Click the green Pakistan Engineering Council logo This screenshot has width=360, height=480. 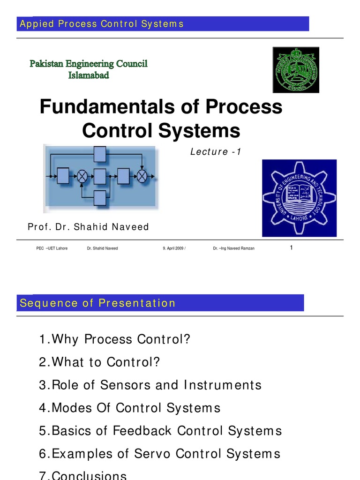(x=295, y=70)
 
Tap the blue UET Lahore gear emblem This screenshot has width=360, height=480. (x=299, y=198)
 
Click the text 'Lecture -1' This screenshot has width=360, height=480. (x=215, y=151)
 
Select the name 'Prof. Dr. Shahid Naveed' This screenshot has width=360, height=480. (x=88, y=227)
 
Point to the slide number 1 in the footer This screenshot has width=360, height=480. (x=291, y=248)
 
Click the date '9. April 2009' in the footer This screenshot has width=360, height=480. (x=174, y=248)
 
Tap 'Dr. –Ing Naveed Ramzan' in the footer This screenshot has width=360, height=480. (x=233, y=248)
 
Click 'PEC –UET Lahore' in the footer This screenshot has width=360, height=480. (x=52, y=248)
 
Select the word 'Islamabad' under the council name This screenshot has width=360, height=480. (x=89, y=75)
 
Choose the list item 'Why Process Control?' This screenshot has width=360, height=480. (x=115, y=339)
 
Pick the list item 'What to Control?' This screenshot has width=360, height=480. (x=99, y=362)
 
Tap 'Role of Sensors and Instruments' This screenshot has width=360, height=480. (x=150, y=385)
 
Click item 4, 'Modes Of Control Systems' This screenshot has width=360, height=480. (x=129, y=408)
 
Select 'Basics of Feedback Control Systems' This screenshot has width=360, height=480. (x=160, y=431)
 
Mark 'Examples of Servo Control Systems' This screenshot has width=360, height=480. (x=159, y=454)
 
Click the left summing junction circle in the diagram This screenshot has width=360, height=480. (x=82, y=176)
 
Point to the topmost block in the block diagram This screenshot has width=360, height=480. (x=100, y=153)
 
